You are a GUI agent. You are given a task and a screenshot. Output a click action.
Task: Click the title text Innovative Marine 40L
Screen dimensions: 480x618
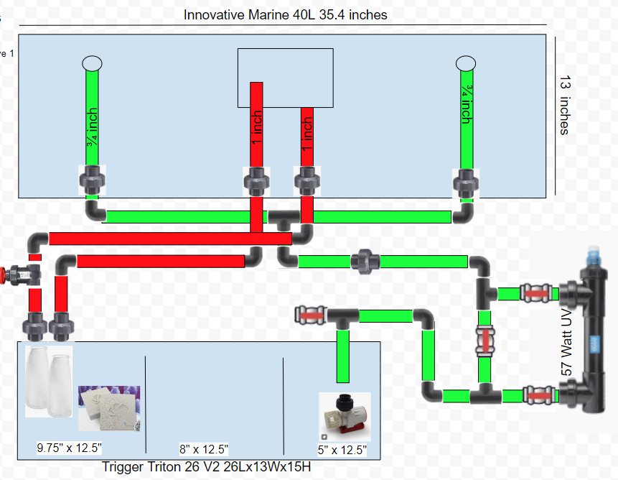coord(286,14)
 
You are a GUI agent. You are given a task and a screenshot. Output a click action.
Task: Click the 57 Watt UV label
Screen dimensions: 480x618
coord(566,344)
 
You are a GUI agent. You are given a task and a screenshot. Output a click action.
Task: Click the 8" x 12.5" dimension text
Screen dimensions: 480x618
coord(204,449)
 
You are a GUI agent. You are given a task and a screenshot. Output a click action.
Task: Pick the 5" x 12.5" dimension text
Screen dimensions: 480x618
coord(342,450)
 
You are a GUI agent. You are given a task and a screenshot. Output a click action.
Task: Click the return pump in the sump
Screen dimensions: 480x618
coord(343,415)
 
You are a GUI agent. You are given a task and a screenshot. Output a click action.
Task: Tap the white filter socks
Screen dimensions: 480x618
coord(49,380)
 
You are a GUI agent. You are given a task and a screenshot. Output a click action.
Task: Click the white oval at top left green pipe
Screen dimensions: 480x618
coord(93,63)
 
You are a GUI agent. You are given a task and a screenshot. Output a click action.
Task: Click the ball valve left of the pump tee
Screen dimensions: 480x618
coord(311,314)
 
